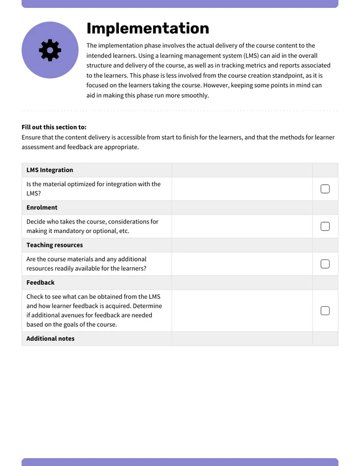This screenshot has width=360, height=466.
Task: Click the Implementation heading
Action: [x=147, y=29]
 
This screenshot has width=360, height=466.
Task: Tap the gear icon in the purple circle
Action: [x=50, y=50]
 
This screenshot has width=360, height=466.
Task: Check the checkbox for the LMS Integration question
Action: [x=325, y=189]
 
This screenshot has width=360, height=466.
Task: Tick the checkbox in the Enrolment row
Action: [x=325, y=226]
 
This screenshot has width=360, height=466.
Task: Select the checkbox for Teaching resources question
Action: [x=325, y=264]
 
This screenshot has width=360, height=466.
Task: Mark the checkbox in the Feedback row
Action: [x=325, y=311]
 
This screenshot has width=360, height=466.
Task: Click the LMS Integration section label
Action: [x=49, y=170]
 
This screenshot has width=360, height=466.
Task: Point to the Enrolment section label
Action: [x=42, y=208]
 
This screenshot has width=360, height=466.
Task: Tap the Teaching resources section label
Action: [x=55, y=245]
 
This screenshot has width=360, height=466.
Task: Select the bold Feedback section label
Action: [x=40, y=283]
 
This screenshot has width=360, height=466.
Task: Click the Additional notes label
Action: [x=50, y=339]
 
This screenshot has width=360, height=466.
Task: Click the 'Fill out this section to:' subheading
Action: [x=54, y=127]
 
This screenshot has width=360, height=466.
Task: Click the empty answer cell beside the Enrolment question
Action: [x=242, y=226]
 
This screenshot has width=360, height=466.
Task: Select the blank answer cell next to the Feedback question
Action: [x=242, y=311]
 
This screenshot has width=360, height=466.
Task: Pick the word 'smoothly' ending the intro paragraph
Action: [x=195, y=96]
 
